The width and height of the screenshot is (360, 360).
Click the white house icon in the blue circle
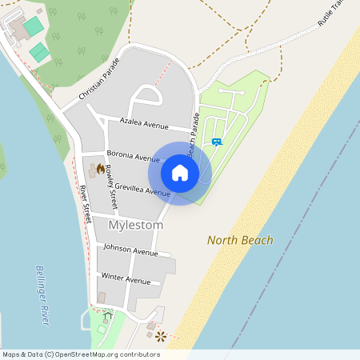180,173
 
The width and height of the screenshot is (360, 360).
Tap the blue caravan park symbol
217,142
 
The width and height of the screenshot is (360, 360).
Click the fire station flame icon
100,169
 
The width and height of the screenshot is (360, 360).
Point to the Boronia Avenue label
133,158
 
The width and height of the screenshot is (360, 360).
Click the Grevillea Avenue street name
142,190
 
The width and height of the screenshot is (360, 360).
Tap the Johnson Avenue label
131,251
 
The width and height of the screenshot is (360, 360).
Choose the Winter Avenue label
126,279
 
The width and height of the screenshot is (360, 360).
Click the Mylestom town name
135,226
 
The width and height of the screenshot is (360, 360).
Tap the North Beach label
240,240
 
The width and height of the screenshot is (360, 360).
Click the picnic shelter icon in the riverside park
108,316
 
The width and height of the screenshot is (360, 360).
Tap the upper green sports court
34,27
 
